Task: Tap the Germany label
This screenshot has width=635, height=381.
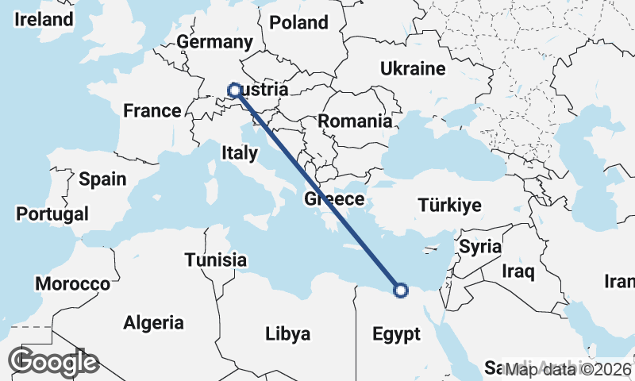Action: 214,42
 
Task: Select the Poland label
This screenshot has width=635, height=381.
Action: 298,22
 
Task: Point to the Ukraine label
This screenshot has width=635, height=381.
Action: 413,68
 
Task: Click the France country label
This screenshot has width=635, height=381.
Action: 152,111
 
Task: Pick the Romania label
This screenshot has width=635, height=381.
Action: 355,121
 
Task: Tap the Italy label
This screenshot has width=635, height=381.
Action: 240,152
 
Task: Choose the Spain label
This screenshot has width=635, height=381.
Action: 102,179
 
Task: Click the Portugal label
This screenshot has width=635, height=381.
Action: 52,214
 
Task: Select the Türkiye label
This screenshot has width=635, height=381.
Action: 450,206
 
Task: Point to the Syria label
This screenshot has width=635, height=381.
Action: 480,246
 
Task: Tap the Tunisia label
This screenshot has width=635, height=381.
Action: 215,260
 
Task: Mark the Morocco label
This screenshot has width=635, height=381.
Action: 72,283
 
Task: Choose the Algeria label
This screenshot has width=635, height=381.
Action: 153,323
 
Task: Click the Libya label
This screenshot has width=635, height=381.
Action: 287,333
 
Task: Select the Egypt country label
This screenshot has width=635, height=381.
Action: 396,334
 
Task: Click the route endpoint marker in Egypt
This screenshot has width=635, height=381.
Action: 401,290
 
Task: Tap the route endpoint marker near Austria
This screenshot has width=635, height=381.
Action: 235,90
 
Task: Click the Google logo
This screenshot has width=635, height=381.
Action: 53,362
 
